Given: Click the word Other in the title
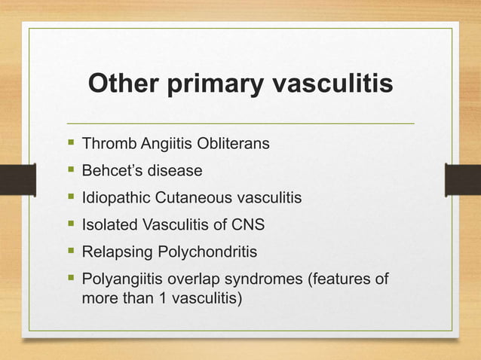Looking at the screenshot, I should coord(121,84).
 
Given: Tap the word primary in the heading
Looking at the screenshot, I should coord(209,84).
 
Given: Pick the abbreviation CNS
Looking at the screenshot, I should coord(249,224).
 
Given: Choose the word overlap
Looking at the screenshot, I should coord(189,279).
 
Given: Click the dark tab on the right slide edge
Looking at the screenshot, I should coord(462,179).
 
